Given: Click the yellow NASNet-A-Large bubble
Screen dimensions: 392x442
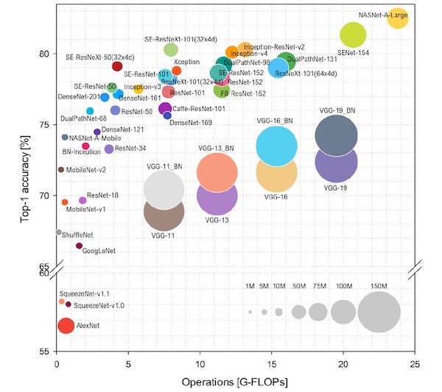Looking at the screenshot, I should click(397, 19).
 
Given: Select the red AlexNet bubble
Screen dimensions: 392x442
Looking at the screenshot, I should click(66, 326).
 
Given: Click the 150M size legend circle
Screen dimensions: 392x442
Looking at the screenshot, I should click(379, 313).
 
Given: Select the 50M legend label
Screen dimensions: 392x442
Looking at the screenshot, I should click(298, 286).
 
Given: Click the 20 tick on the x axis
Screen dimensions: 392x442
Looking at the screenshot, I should click(343, 363).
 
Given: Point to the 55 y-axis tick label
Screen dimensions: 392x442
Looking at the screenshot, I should click(46, 351).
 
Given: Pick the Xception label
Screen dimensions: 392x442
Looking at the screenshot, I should click(187, 62).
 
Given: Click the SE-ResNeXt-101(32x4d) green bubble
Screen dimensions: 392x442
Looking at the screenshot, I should click(171, 49).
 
